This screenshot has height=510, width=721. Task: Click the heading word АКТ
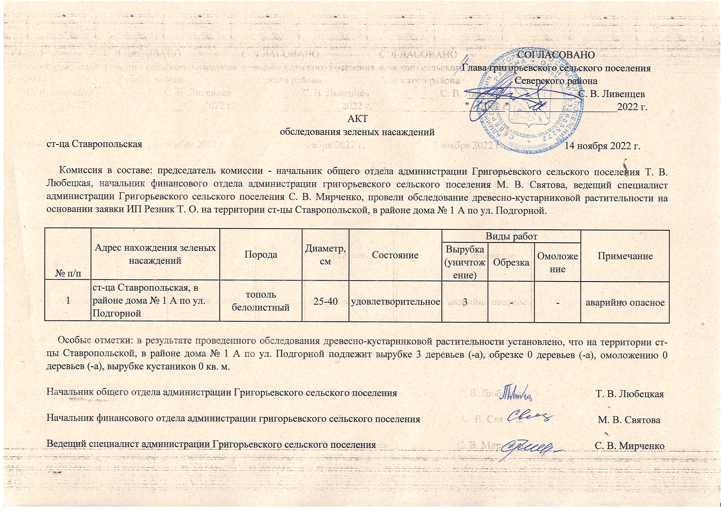point(357,118)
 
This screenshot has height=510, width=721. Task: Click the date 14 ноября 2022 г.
point(602,146)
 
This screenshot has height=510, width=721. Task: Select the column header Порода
point(261,254)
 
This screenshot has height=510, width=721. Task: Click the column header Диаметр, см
point(326,254)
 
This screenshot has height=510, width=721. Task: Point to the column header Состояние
point(395,255)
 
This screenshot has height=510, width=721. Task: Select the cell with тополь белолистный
point(261,301)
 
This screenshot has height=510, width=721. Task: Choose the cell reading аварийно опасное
point(625,303)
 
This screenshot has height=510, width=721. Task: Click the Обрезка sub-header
point(511,262)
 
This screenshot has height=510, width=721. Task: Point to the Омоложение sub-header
point(558,262)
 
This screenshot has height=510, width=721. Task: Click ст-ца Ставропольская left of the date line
point(94,144)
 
